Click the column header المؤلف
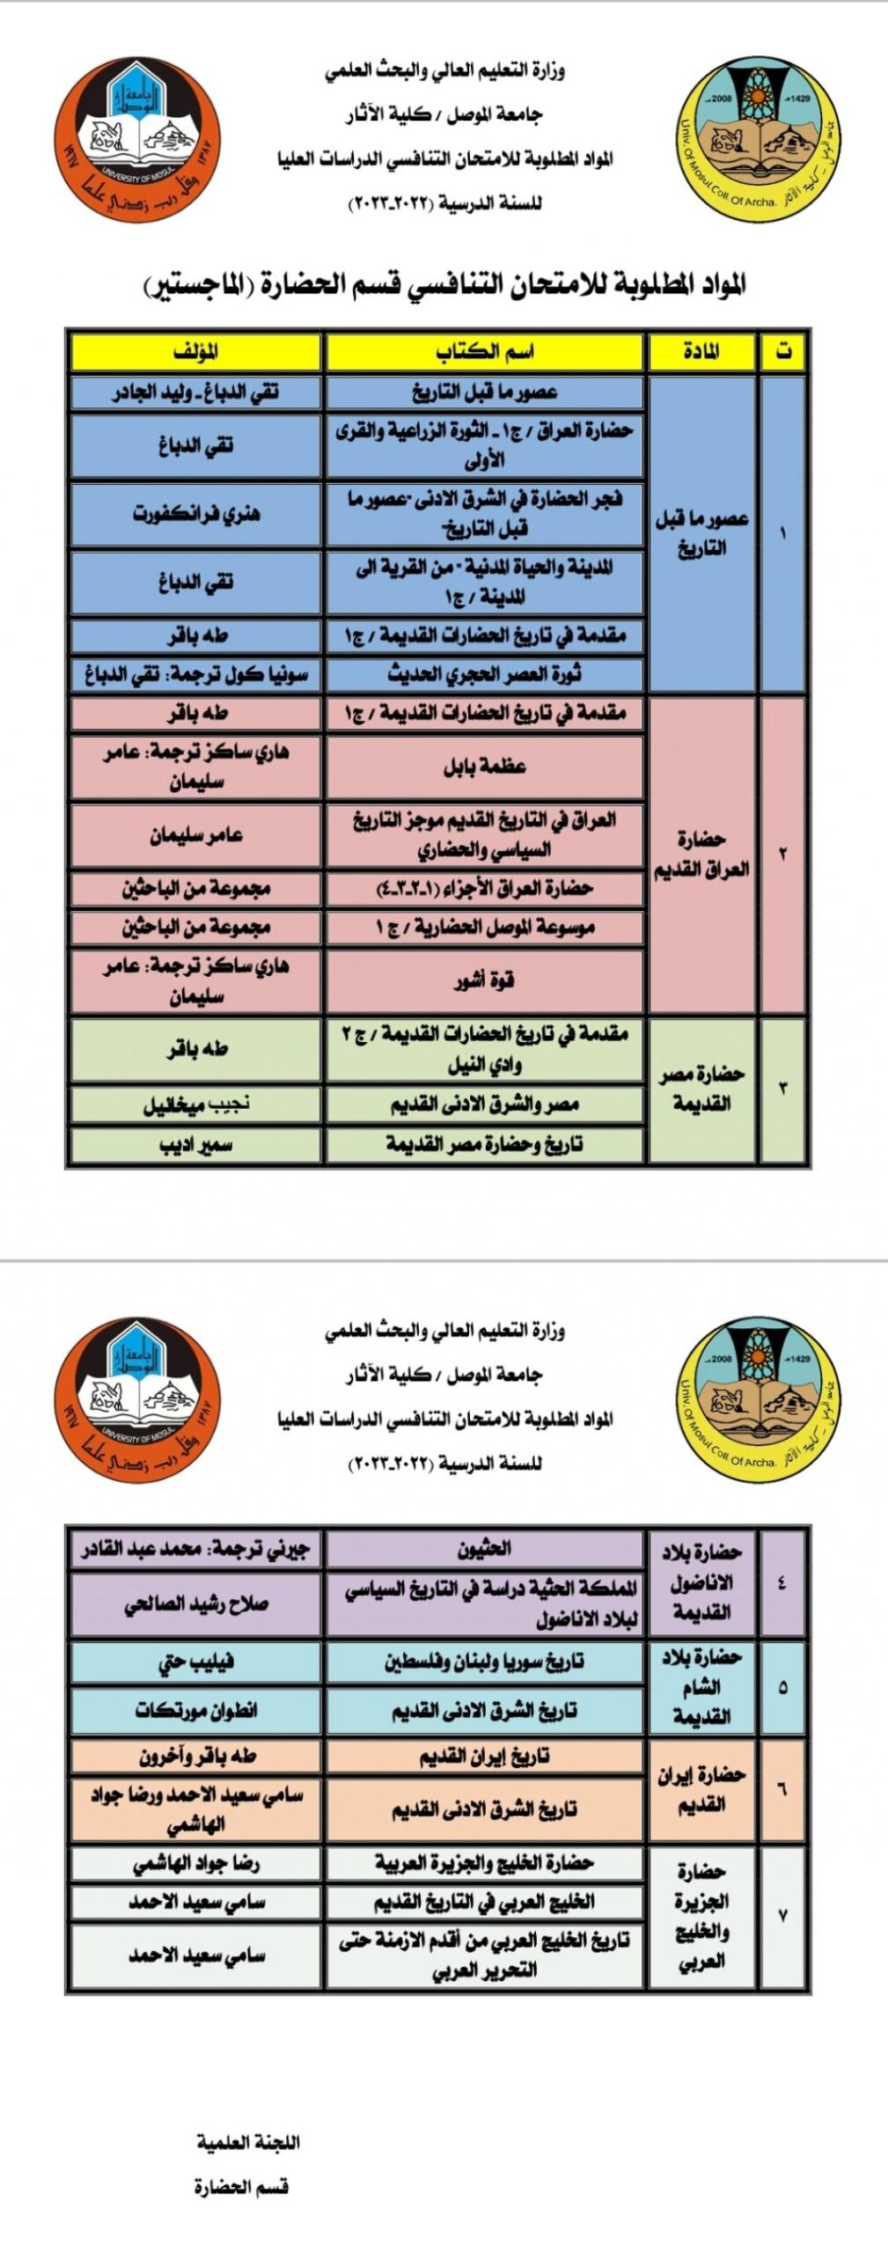click(195, 352)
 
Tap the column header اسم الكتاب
click(484, 352)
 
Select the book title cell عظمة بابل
click(484, 767)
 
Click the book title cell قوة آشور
click(484, 980)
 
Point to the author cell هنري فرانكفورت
click(195, 513)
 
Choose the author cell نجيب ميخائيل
click(195, 1104)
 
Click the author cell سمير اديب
click(195, 1144)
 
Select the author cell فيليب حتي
click(195, 1661)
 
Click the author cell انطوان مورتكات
click(195, 1710)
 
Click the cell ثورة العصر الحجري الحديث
click(484, 674)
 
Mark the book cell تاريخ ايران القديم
click(484, 1756)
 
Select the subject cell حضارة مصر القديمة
click(701, 1088)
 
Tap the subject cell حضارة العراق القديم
click(701, 854)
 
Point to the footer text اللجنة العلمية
click(248, 2141)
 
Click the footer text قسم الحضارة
click(241, 2186)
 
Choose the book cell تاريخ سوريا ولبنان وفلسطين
click(484, 1661)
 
